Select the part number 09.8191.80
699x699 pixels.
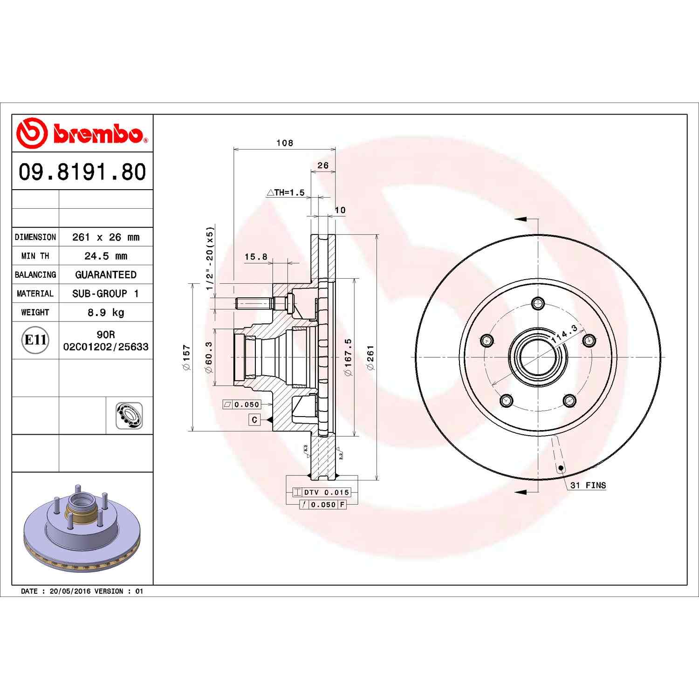coord(82,171)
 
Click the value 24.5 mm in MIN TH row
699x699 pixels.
coord(106,256)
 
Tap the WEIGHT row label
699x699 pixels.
coord(35,312)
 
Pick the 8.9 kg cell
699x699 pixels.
coord(106,312)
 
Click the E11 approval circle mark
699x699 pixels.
coord(35,340)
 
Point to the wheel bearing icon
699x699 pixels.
coord(129,416)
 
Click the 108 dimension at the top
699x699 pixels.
coord(284,143)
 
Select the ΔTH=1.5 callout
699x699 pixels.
coord(286,192)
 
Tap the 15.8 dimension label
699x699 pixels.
coord(256,257)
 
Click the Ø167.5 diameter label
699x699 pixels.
coord(348,357)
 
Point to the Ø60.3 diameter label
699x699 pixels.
coord(209,357)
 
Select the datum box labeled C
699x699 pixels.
coord(254,420)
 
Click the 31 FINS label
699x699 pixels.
coord(588,485)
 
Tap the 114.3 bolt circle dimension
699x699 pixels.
coord(564,334)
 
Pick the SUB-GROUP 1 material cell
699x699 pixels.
coord(106,294)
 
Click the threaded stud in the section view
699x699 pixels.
coord(254,303)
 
